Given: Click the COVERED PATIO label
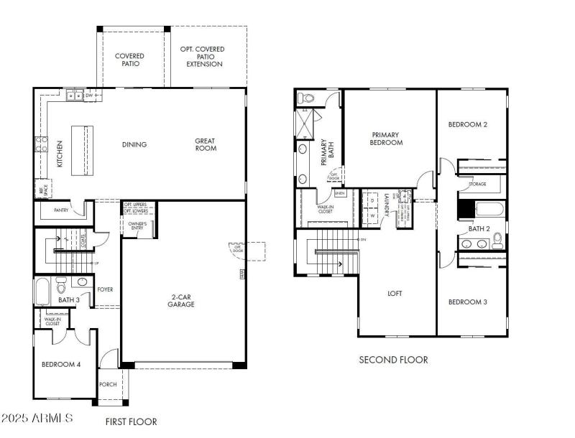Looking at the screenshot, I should [x=129, y=60].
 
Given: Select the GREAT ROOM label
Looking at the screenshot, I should [x=206, y=144].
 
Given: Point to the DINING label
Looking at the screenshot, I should [x=134, y=145].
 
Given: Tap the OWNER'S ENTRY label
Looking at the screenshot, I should [x=137, y=228].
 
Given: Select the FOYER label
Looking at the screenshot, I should [x=105, y=289].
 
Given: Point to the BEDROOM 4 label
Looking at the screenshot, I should [x=61, y=365].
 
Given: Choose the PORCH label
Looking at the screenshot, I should [x=108, y=385].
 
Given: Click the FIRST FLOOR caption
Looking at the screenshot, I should [x=131, y=421].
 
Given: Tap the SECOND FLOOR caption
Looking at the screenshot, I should [x=393, y=360].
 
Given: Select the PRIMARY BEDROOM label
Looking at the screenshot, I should [x=387, y=139].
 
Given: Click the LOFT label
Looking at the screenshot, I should [x=395, y=294].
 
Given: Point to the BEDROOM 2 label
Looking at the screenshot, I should [x=468, y=125].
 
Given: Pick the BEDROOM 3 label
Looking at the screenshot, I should [x=468, y=302].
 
